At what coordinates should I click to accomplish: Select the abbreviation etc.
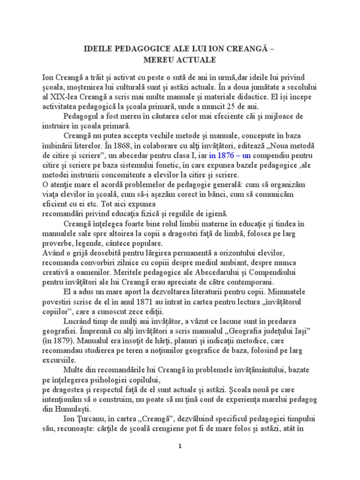[x=108, y=203]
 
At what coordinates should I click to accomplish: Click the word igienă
[x=213, y=213]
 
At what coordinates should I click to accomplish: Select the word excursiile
[x=59, y=360]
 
